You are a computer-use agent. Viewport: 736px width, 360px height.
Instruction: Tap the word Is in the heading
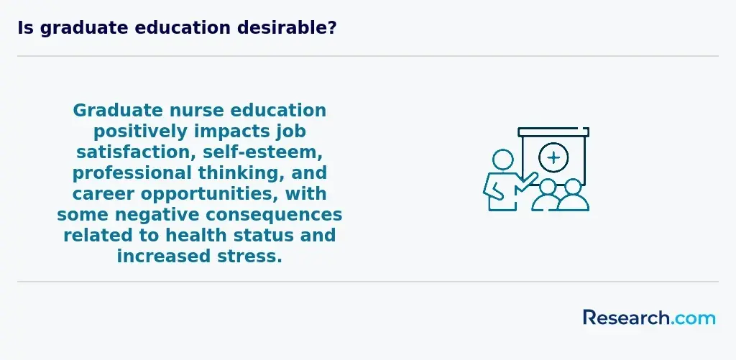25,28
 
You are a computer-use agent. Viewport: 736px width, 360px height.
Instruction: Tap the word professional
132,173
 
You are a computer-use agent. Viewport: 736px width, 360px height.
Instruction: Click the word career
103,193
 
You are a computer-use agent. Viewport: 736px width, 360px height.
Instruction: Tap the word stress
254,257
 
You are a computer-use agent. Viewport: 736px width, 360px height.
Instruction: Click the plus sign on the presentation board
553,157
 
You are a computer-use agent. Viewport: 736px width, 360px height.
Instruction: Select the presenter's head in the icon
502,160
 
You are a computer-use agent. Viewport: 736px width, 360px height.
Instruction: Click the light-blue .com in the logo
693,318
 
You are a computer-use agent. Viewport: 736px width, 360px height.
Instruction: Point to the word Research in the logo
626,318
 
